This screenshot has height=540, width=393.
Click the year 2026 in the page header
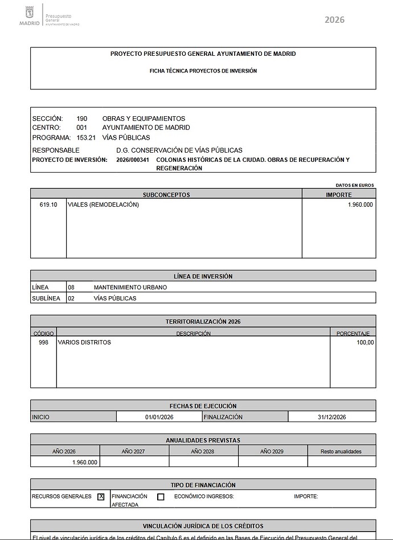[x=334, y=20]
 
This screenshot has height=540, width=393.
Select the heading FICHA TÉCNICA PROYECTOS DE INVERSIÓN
[x=203, y=71]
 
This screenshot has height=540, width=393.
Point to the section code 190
[x=82, y=118]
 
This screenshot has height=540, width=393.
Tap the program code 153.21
[x=85, y=137]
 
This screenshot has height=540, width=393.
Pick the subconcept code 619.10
[x=48, y=204]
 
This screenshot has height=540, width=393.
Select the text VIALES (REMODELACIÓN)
[x=103, y=204]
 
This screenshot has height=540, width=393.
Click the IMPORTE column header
[x=338, y=194]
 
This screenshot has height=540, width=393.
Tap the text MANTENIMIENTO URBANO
[x=130, y=288]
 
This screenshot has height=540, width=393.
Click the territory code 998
[x=44, y=342]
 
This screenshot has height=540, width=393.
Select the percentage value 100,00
[x=365, y=342]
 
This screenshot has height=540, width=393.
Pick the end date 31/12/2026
[x=331, y=417]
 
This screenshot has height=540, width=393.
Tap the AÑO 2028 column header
[x=203, y=451]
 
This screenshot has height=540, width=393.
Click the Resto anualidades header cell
[x=341, y=451]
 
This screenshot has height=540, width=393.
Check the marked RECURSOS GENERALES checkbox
[x=101, y=497]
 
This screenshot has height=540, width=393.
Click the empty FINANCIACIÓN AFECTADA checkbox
[x=161, y=497]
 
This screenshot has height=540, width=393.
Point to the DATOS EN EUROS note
[x=354, y=185]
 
